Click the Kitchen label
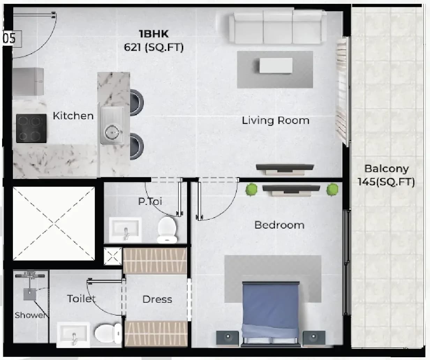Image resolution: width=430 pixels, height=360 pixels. pos(73,116)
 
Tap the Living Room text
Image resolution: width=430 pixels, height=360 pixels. pos(275,120)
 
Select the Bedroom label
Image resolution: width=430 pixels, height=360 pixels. pos(280,225)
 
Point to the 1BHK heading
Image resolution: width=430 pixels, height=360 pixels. pos(154,34)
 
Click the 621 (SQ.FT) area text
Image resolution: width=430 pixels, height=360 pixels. pos(154,48)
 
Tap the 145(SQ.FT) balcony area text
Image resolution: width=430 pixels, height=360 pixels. pos(386,182)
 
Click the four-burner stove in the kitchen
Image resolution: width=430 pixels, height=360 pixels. pos(31,128)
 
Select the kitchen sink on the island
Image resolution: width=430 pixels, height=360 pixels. pos(112,125)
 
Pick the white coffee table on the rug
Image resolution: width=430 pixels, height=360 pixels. pos(276,66)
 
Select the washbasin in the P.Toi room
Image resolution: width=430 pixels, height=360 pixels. pos(125,230)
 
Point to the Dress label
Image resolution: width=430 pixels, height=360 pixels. pos(157,300)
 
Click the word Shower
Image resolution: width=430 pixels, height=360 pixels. pos(30,315)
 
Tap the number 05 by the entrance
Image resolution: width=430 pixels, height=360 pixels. pos(10,38)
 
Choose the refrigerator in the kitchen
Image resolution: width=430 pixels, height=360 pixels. pos(28,82)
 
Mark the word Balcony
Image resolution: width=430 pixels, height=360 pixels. pos(387,169)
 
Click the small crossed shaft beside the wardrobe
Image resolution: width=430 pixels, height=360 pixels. pos(113,256)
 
